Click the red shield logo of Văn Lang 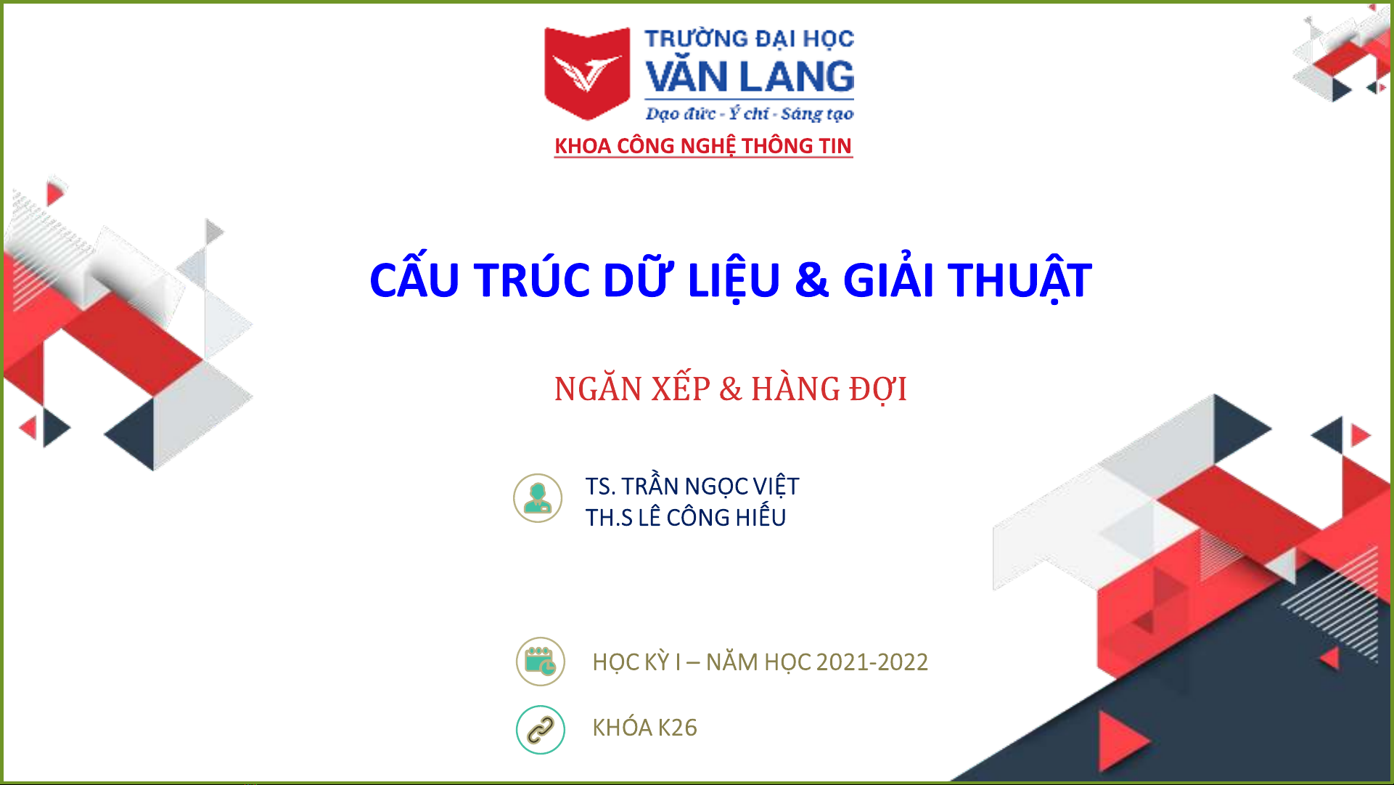click(x=587, y=73)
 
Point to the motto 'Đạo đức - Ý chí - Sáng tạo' click(x=750, y=113)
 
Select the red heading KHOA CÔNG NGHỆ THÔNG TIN click(x=703, y=146)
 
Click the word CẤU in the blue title click(x=414, y=280)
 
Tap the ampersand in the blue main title click(x=812, y=280)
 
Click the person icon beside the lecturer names click(x=538, y=498)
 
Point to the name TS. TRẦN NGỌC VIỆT click(x=692, y=485)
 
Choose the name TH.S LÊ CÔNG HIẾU click(x=686, y=516)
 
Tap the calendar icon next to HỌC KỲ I click(x=541, y=662)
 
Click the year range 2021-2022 click(x=872, y=662)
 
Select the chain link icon click(x=541, y=730)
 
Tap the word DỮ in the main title click(x=638, y=280)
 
